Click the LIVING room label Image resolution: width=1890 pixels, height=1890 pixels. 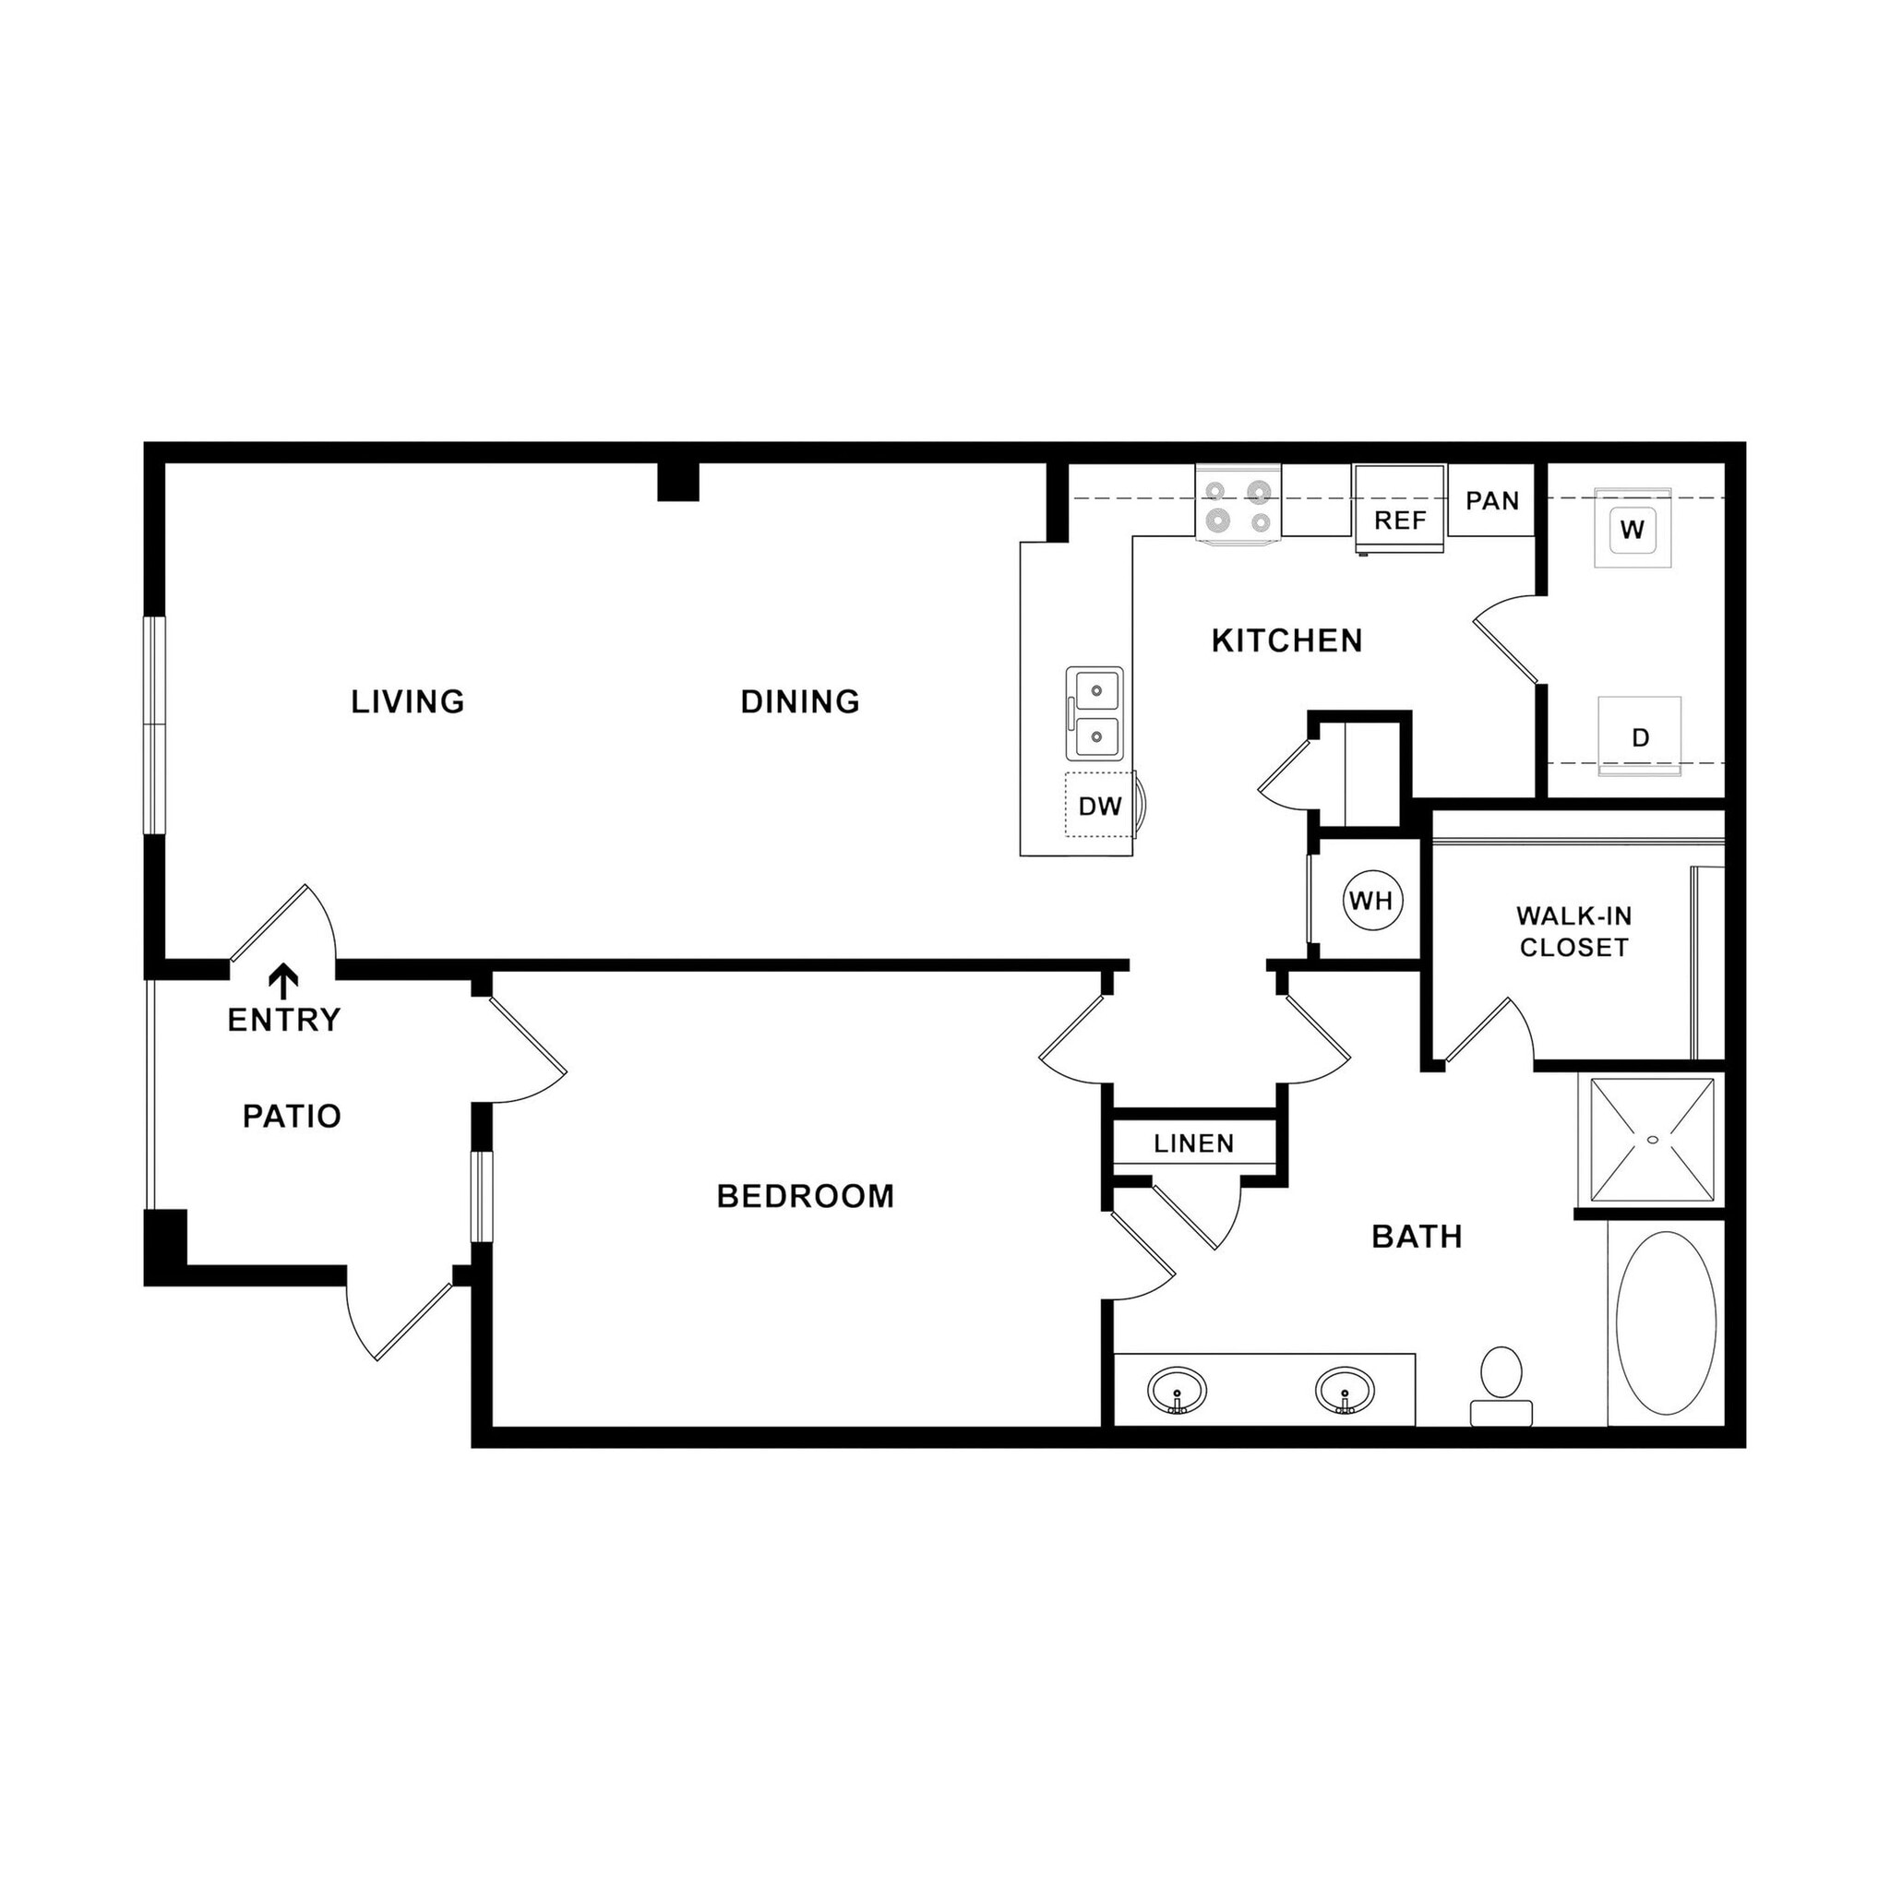click(408, 701)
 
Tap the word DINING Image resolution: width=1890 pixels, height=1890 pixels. click(799, 701)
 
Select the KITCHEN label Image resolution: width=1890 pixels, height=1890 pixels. click(1286, 640)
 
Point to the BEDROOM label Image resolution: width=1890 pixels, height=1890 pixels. click(805, 1195)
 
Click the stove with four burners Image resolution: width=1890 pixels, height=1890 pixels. click(1238, 506)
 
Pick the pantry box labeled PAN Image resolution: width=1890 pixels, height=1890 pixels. click(1492, 501)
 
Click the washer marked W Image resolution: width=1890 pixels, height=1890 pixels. click(1632, 529)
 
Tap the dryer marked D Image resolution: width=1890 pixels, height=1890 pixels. click(1641, 736)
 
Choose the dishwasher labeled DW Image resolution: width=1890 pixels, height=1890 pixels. click(1099, 806)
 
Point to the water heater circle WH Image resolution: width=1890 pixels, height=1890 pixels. click(1371, 900)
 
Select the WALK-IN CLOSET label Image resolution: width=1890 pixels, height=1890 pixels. click(1573, 931)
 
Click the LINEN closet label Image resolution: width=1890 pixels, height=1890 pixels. click(1193, 1142)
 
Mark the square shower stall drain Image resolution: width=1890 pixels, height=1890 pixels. click(1653, 1140)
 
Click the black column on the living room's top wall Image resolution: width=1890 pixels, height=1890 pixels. click(678, 482)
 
